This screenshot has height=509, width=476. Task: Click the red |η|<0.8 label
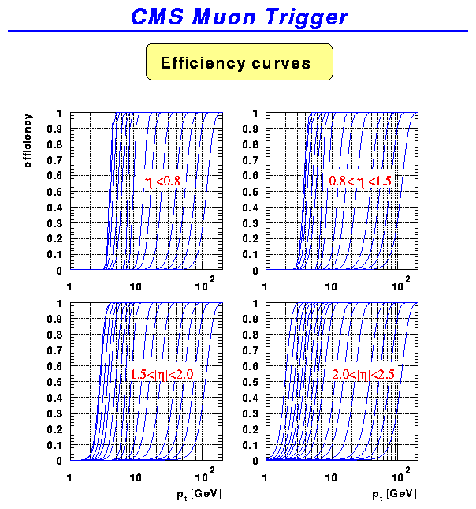(x=161, y=181)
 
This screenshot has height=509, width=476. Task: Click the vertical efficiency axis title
(x=28, y=141)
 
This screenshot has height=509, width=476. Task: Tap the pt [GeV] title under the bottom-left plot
(x=199, y=495)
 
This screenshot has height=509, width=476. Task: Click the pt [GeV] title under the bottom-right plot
(x=394, y=495)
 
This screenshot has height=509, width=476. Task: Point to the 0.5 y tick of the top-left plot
(x=54, y=192)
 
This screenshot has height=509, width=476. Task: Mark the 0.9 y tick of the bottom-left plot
(x=54, y=319)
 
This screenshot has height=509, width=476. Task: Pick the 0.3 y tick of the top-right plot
(x=249, y=223)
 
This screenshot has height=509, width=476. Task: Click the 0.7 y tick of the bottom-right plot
(x=249, y=350)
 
